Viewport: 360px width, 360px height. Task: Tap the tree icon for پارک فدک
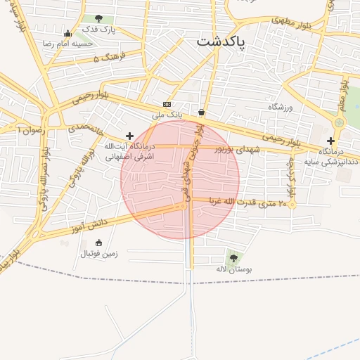click(x=98, y=18)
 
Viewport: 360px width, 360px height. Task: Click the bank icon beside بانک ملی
click(x=167, y=104)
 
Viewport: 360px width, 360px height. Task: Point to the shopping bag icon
click(x=202, y=112)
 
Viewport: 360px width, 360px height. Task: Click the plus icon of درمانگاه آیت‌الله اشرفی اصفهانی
click(x=129, y=135)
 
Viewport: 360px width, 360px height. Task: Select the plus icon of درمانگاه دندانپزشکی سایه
click(x=330, y=141)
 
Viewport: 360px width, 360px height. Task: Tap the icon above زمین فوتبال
click(x=98, y=243)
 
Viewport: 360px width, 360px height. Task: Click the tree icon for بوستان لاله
click(x=233, y=258)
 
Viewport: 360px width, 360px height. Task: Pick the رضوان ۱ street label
click(x=32, y=131)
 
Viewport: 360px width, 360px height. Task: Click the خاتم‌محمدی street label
click(x=85, y=129)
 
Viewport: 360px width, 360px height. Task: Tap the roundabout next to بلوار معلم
click(x=339, y=122)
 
